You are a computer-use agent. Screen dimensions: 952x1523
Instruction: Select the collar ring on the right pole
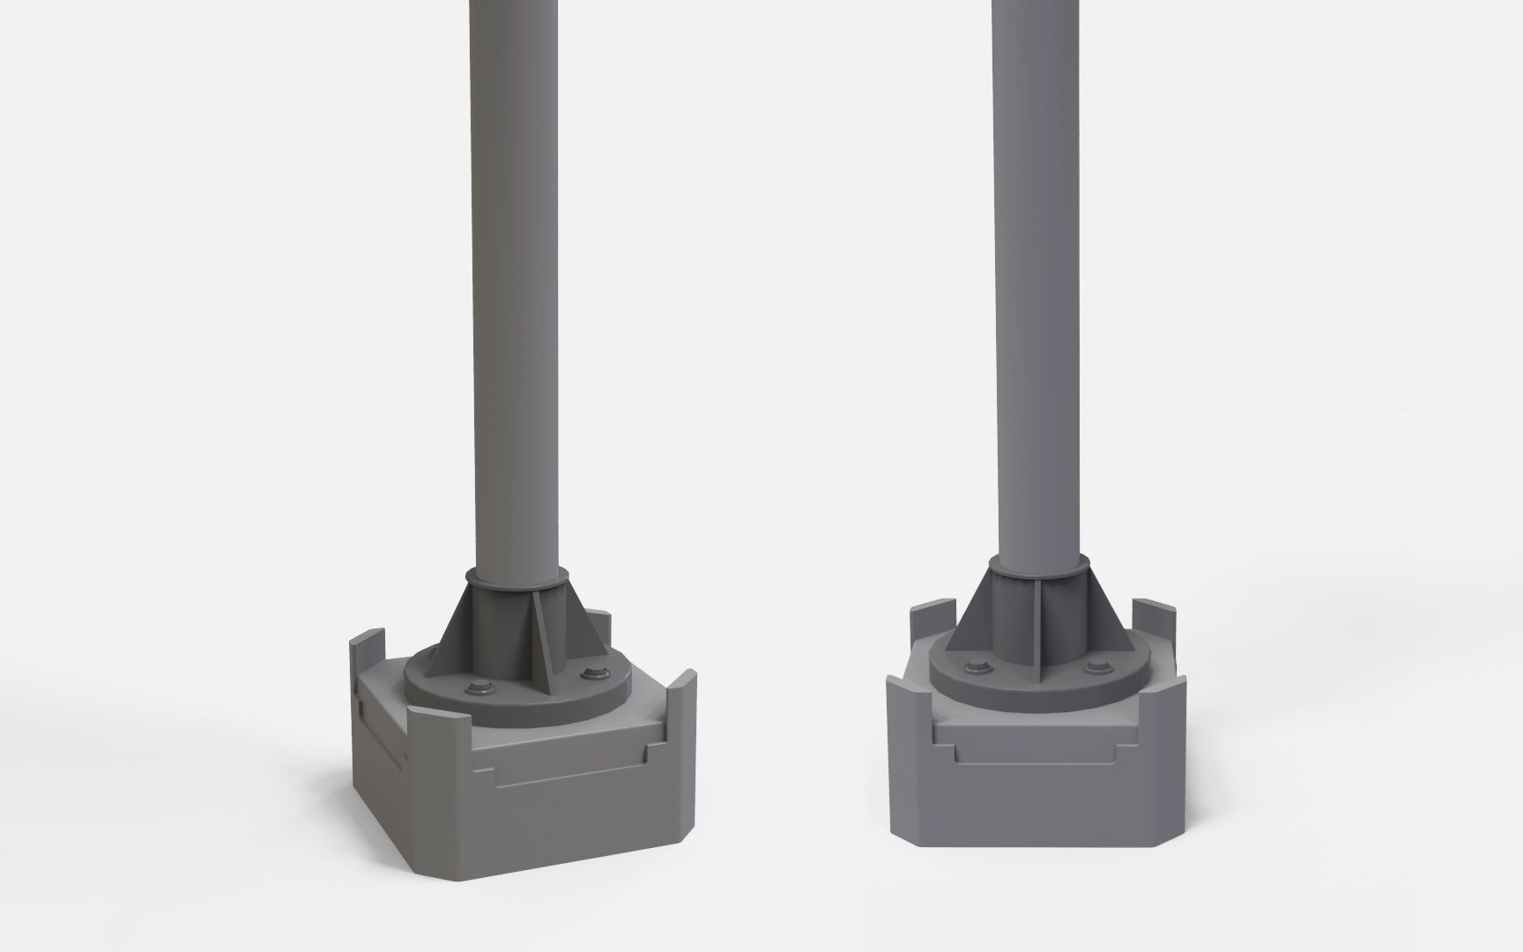[1036, 564]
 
